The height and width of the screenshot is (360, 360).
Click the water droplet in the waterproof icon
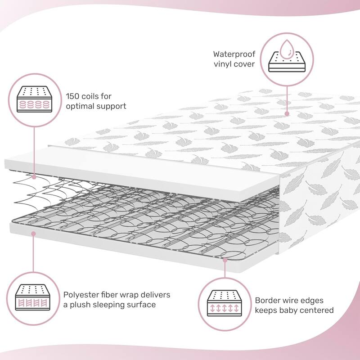[284, 47]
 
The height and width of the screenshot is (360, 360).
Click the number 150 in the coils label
[74, 96]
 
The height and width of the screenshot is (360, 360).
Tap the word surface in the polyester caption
[143, 305]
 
